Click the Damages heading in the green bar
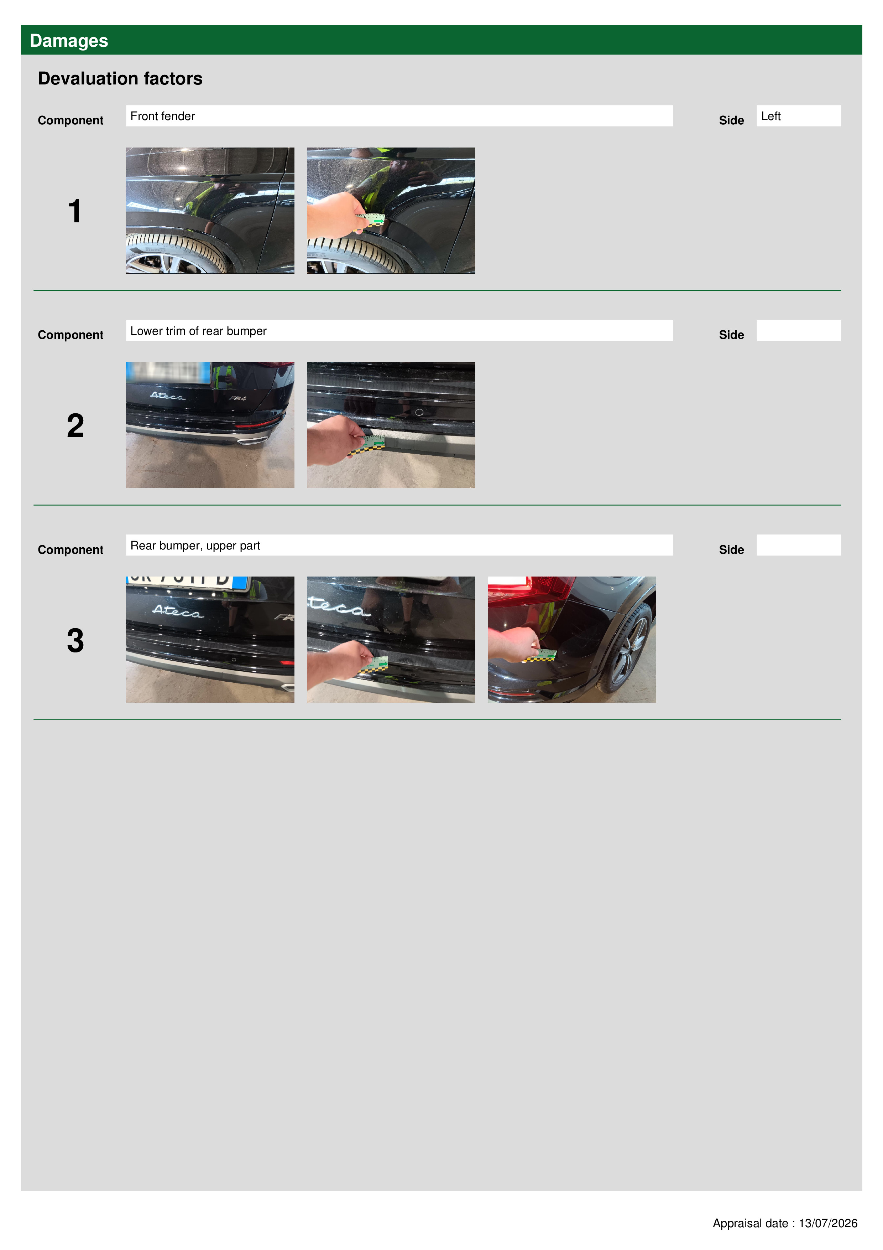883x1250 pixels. click(x=69, y=41)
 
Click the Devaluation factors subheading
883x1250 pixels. click(x=120, y=78)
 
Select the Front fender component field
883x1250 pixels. click(x=399, y=116)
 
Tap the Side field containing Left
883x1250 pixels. click(x=798, y=116)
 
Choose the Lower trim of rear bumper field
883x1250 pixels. click(x=399, y=330)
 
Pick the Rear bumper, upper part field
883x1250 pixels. click(x=399, y=545)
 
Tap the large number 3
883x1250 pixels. click(x=75, y=640)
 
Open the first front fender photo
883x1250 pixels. click(x=210, y=210)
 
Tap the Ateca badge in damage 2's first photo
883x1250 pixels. click(x=167, y=396)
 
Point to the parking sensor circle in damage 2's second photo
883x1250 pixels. click(x=419, y=412)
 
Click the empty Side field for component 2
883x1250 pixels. click(x=798, y=330)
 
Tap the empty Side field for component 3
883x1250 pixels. click(x=798, y=545)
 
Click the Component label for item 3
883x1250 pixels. click(x=70, y=550)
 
